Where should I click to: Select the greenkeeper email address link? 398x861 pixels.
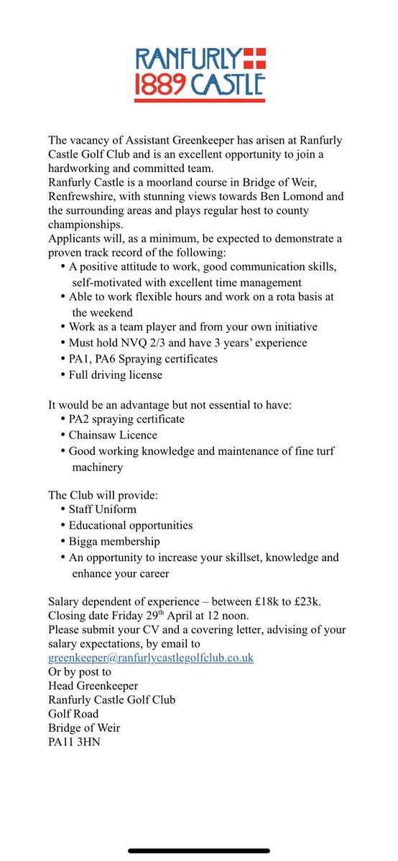(151, 657)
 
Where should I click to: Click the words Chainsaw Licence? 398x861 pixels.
(113, 435)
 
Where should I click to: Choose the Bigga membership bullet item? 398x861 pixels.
(114, 541)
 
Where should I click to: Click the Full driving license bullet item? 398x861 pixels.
(116, 375)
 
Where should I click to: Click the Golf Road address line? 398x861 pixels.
(73, 713)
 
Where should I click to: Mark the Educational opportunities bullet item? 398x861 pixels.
(131, 524)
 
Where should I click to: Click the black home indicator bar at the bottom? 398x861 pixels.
(199, 850)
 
